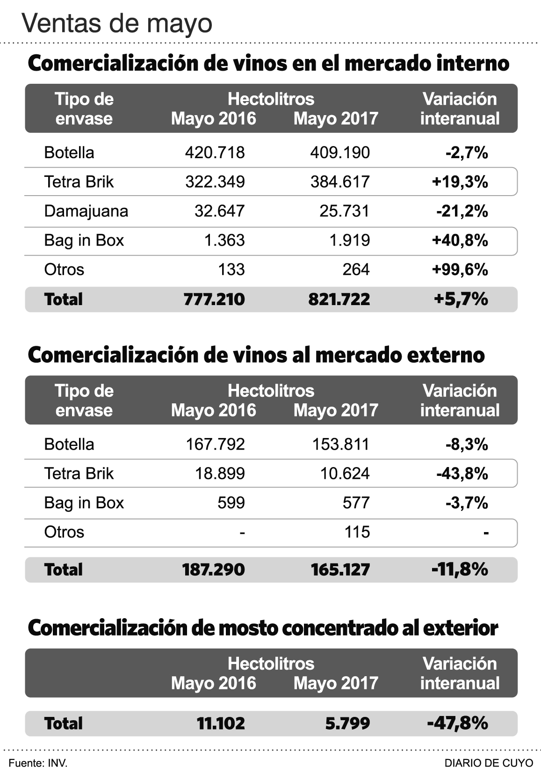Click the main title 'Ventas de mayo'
[117, 23]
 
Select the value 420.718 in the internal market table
[215, 153]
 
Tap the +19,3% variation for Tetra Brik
[460, 182]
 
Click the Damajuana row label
[86, 211]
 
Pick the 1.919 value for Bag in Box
[349, 240]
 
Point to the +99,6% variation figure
[460, 270]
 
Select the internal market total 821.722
[339, 299]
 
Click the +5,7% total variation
[461, 299]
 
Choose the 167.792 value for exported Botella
[215, 444]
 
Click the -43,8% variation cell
[462, 474]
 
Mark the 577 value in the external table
[356, 503]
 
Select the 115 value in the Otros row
[357, 532]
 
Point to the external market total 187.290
[214, 570]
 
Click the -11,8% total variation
[460, 570]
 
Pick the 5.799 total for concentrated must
[347, 723]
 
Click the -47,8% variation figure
[457, 723]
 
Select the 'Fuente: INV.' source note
[38, 763]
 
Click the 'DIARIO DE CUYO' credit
[489, 763]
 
